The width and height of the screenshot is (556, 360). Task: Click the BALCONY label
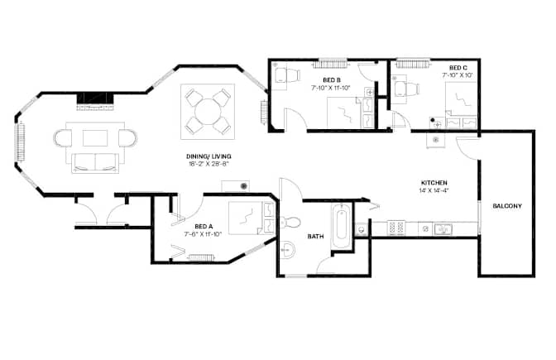(507, 206)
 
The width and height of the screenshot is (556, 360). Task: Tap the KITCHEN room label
(434, 183)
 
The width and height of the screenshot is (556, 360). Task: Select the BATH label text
(315, 236)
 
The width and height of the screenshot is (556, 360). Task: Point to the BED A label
(204, 226)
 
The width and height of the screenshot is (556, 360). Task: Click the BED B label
(332, 80)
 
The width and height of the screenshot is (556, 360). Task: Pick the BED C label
(458, 68)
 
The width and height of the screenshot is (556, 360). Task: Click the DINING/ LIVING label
(208, 156)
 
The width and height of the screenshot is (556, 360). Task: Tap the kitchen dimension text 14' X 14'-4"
(434, 190)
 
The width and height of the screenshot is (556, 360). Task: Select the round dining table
(208, 112)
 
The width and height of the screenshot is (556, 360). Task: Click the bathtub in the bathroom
(342, 226)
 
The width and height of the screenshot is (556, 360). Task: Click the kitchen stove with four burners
(396, 228)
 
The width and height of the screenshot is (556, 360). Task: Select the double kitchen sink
(443, 228)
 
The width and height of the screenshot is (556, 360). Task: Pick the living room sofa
(95, 162)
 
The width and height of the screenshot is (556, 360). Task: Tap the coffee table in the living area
(95, 138)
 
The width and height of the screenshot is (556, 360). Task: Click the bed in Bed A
(251, 218)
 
